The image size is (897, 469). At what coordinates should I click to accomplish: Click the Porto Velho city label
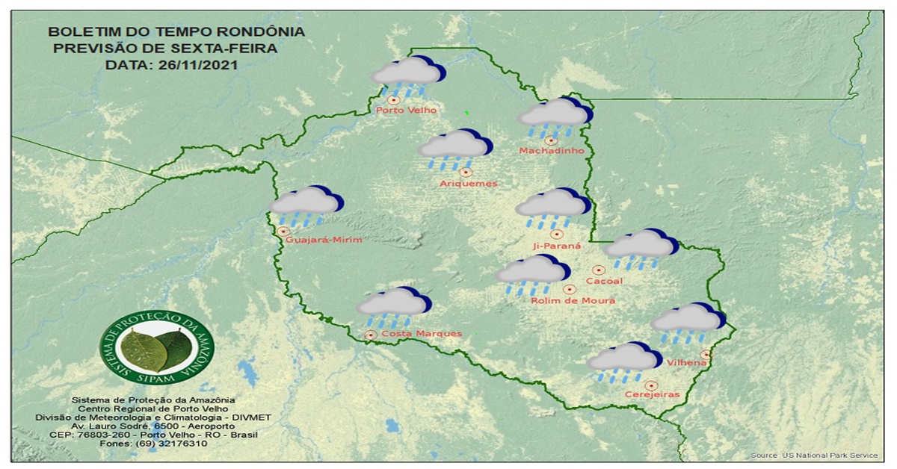(x=406, y=111)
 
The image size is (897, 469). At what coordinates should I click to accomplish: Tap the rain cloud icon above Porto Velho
(x=407, y=74)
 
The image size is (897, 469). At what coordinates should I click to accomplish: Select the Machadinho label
(x=551, y=151)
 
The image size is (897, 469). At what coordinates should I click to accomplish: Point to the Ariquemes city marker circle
(x=466, y=173)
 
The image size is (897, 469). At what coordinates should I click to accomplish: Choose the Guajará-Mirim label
(x=324, y=240)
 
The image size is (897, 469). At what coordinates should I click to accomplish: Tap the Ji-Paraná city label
(x=556, y=245)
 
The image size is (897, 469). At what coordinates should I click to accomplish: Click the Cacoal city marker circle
(x=598, y=270)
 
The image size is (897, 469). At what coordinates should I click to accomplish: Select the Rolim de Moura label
(x=573, y=300)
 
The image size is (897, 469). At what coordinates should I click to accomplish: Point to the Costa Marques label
(x=421, y=334)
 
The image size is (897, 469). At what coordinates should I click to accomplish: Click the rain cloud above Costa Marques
(x=393, y=305)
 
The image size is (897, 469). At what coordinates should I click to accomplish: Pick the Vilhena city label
(x=688, y=363)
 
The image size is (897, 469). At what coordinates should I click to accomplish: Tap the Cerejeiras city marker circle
(x=651, y=385)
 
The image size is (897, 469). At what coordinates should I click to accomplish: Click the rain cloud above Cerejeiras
(x=623, y=360)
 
